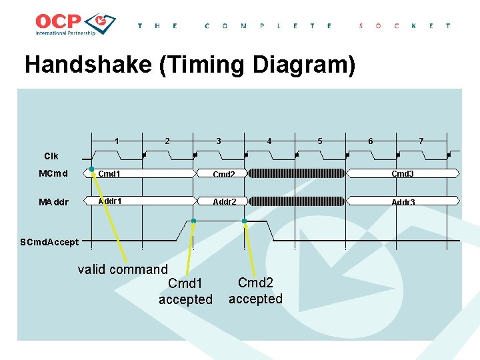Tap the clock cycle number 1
point(117,141)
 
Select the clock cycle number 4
point(269,141)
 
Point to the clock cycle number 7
point(421,141)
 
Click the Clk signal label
point(51,156)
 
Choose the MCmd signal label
point(53,174)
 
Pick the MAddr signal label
point(54,202)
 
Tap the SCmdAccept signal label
point(49,242)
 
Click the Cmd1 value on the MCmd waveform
point(109,174)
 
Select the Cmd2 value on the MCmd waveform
point(224,175)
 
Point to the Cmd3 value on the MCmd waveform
point(403,174)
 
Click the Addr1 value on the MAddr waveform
point(110,201)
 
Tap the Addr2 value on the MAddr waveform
point(225,201)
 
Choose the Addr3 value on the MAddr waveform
point(403,202)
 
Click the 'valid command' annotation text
point(123,269)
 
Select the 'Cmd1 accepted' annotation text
point(185,292)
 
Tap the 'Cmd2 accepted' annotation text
point(255,291)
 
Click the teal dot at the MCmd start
point(92,169)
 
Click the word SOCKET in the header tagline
point(405,25)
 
